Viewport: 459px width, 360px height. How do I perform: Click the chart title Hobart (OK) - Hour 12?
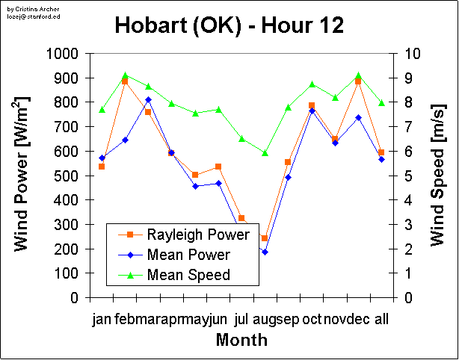(229, 26)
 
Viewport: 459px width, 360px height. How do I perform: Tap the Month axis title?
(241, 341)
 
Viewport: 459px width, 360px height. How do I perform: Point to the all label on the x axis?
(381, 320)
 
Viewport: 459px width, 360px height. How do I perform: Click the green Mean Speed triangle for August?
(265, 152)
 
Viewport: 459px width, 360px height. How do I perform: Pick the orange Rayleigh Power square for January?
(102, 167)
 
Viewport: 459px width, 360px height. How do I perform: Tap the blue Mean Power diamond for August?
(265, 252)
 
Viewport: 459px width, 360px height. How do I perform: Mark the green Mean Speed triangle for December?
(358, 75)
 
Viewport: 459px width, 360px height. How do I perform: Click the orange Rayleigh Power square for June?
(218, 167)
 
